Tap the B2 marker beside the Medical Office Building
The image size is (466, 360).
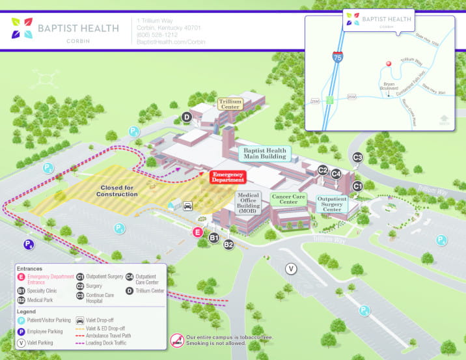pos(228,245)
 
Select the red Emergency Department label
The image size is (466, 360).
pos(228,177)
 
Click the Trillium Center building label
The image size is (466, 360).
pos(230,104)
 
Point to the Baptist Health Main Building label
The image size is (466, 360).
pos(264,154)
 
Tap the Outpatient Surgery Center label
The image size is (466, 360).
pos(332,204)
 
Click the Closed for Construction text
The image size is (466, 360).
pos(117,191)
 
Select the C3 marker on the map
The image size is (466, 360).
pos(357,157)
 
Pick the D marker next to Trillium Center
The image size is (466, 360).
pos(186,117)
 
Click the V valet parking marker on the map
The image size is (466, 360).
pos(292,268)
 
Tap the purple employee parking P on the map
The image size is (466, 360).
pos(29,245)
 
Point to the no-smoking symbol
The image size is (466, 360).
pos(177,340)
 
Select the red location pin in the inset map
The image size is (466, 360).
pos(389,64)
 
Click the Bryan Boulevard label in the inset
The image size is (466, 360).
pos(389,87)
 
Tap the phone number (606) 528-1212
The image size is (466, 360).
pos(157,35)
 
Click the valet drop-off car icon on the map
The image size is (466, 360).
pos(187,206)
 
